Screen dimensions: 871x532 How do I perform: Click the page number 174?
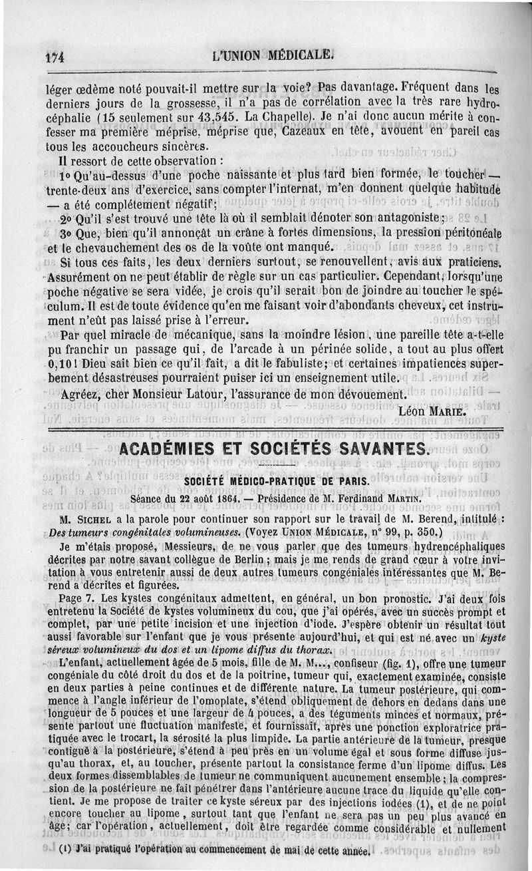53,57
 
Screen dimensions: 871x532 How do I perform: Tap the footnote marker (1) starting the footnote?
65,850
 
